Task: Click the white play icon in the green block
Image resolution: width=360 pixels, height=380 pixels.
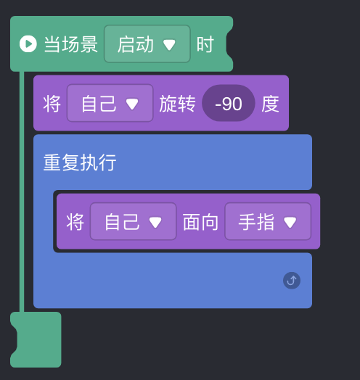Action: point(28,44)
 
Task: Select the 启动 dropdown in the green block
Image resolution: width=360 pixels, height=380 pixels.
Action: point(147,44)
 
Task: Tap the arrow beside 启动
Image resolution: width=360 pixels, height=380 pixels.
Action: point(169,44)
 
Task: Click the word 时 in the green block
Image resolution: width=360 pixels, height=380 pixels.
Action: point(205,44)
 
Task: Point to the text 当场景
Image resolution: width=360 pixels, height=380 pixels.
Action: point(71,44)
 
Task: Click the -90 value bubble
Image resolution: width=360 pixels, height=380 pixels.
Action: point(229,103)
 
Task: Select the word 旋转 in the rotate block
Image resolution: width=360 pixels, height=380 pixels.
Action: point(177,104)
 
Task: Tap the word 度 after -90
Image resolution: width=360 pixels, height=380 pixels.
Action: point(270,104)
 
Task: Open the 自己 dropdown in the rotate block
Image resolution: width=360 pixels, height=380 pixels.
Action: point(110,103)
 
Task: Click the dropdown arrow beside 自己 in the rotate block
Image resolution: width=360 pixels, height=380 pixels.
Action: point(132,104)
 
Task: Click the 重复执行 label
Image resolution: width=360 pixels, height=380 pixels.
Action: point(80,162)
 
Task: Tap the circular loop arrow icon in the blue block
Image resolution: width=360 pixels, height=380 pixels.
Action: point(292,281)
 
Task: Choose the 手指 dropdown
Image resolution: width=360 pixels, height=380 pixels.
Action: point(268,221)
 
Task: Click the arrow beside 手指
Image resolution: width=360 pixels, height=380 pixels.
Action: point(290,222)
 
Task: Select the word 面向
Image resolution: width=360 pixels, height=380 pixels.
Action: point(200,222)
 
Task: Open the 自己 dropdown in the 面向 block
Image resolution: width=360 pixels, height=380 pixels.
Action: point(133,221)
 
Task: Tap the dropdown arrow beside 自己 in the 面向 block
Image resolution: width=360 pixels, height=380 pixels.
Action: point(155,222)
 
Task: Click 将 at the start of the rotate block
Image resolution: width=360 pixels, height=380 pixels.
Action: point(52,104)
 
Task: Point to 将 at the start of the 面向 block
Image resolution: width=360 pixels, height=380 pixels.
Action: point(75,222)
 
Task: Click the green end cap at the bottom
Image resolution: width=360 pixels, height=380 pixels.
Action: point(36,339)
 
